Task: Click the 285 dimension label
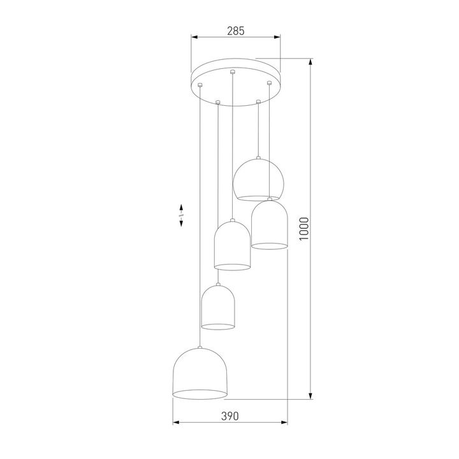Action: (x=235, y=30)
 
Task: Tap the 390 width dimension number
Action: (x=229, y=416)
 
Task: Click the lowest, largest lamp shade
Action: (x=200, y=374)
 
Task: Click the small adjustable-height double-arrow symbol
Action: (x=181, y=215)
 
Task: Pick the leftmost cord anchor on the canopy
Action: (x=200, y=85)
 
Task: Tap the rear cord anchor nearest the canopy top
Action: (x=233, y=71)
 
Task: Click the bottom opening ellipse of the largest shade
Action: (x=200, y=390)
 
